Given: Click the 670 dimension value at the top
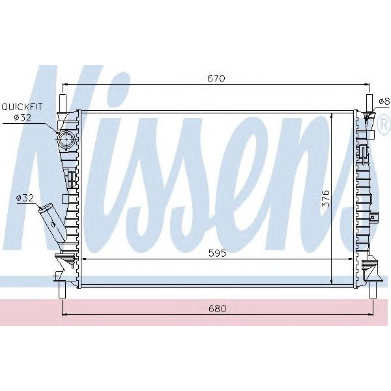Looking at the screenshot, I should click(x=216, y=78).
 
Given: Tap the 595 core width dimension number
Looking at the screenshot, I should click(x=216, y=254).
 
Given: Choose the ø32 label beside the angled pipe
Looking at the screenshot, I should click(x=24, y=198).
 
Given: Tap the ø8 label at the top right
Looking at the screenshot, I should click(x=383, y=101).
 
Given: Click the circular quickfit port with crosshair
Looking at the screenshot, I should click(x=65, y=140).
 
